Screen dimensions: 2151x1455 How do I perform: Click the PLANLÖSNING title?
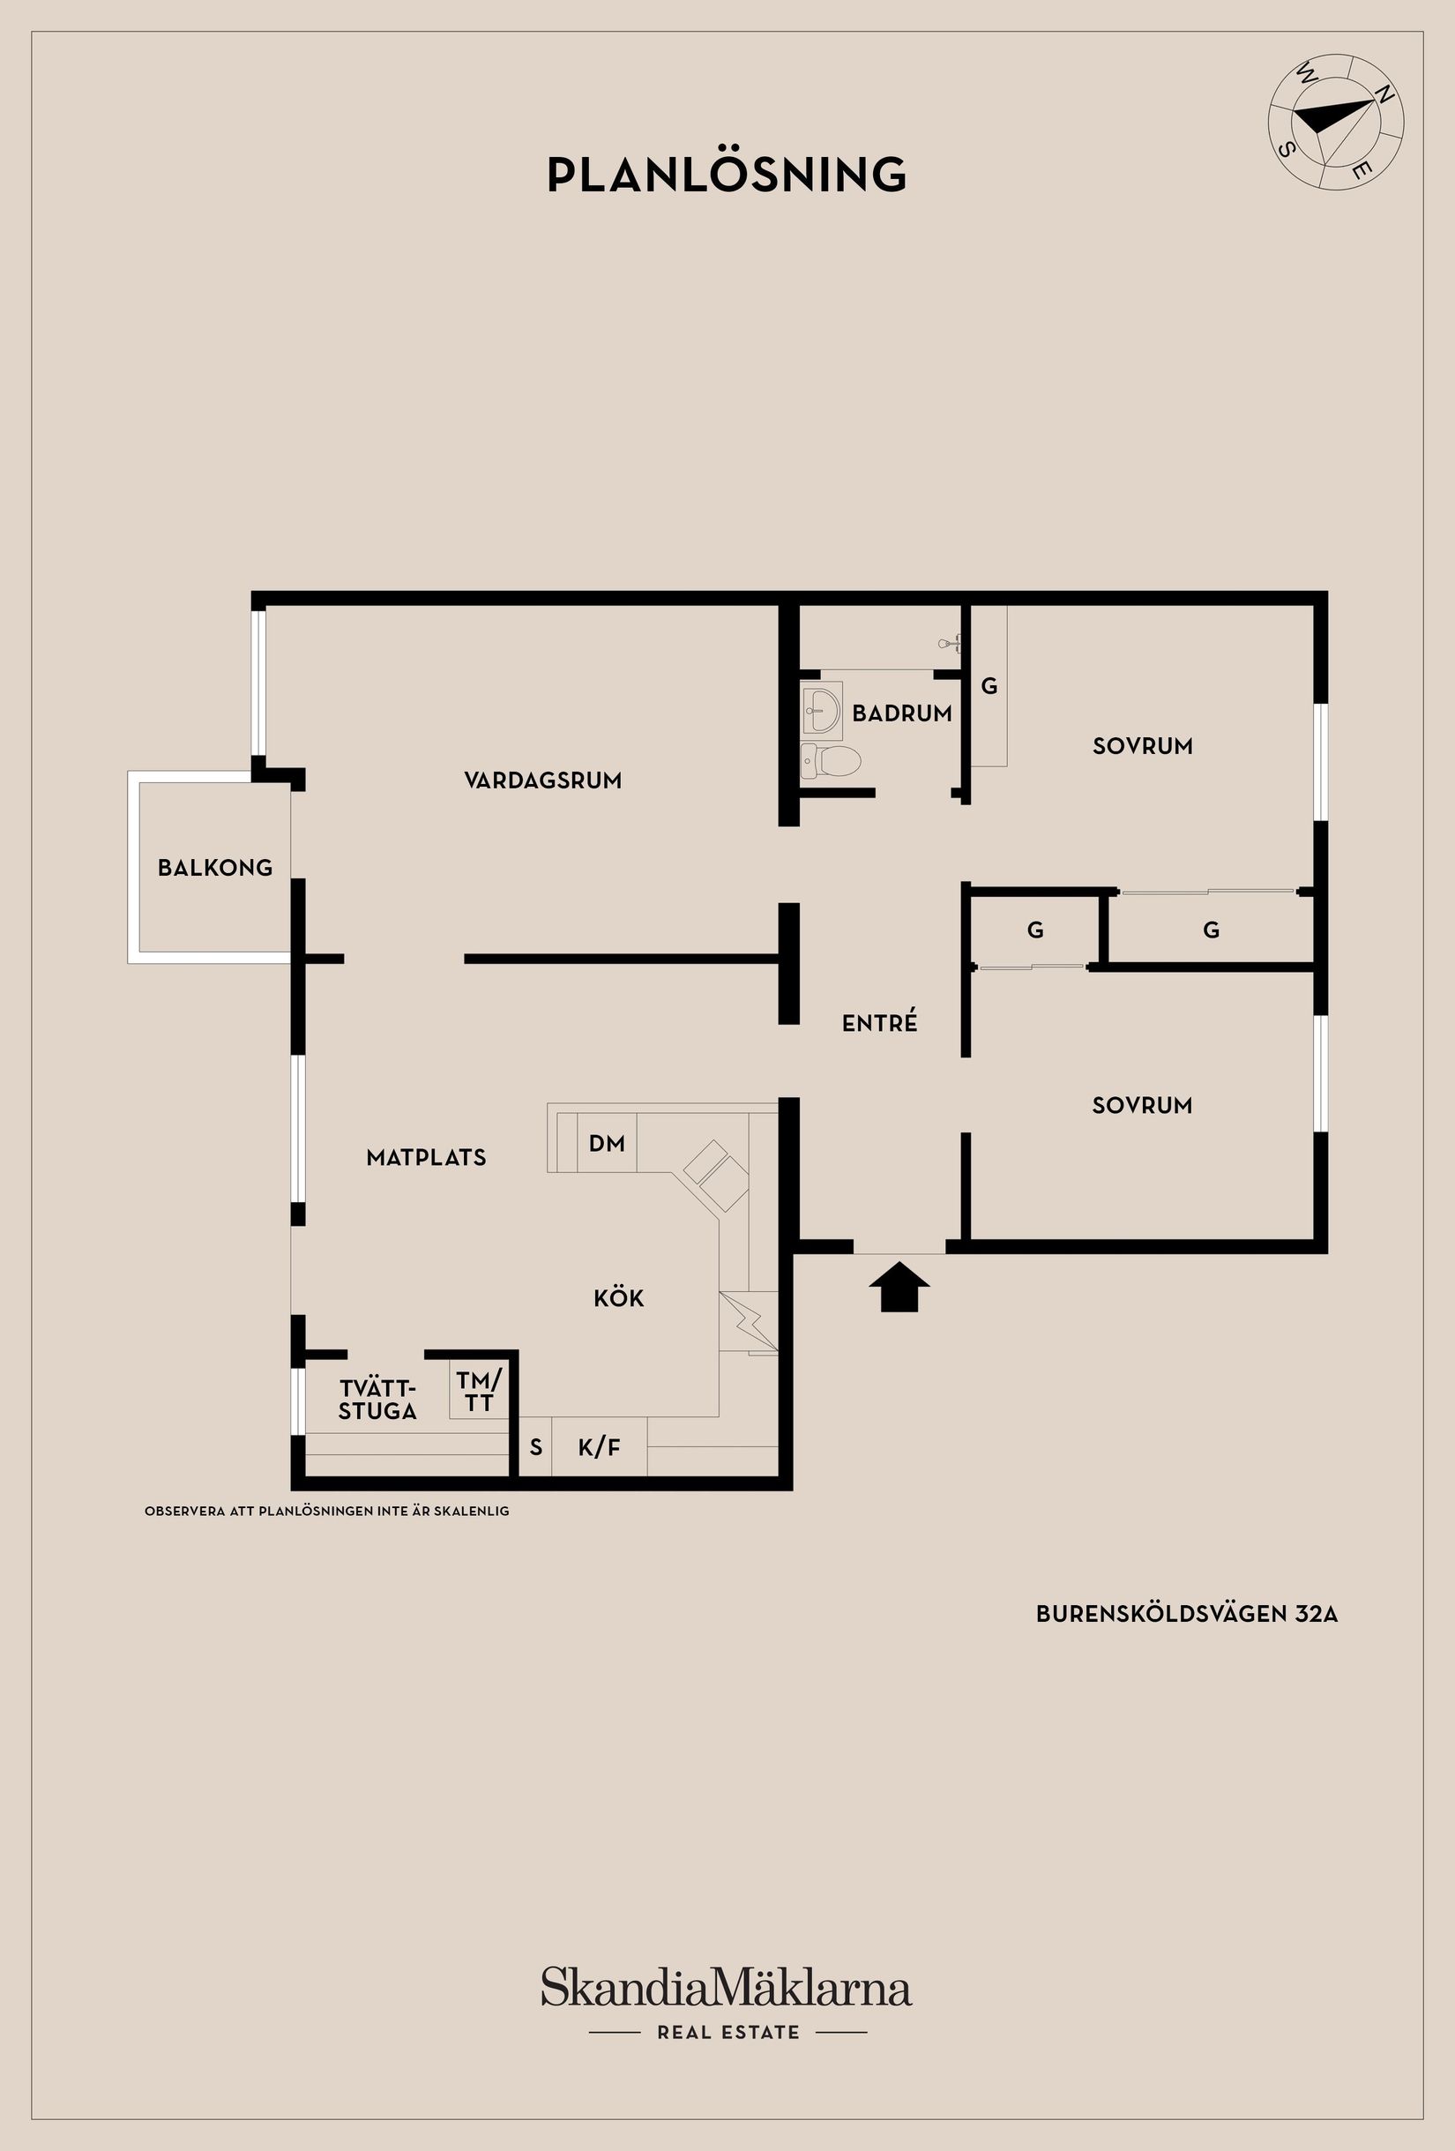point(727,174)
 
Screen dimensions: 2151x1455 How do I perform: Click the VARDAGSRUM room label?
point(542,780)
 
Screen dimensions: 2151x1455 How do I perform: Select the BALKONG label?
point(215,867)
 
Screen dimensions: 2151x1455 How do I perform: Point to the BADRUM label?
point(901,713)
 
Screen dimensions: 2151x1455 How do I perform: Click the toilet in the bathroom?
point(832,760)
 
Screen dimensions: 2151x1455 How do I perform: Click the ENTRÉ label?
point(879,1023)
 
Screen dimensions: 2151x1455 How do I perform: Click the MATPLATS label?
point(426,1157)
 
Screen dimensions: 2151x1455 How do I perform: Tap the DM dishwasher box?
point(607,1143)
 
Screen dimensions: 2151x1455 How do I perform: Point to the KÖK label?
point(618,1298)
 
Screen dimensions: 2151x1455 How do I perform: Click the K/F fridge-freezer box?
point(599,1447)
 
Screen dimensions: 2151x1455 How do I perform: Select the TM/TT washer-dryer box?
point(479,1390)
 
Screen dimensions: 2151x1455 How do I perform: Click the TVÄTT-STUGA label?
point(377,1400)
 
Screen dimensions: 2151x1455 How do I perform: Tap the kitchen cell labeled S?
point(535,1447)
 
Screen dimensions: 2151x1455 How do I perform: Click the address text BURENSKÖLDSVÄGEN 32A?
point(1187,1614)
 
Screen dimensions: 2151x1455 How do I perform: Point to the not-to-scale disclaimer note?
point(327,1512)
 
